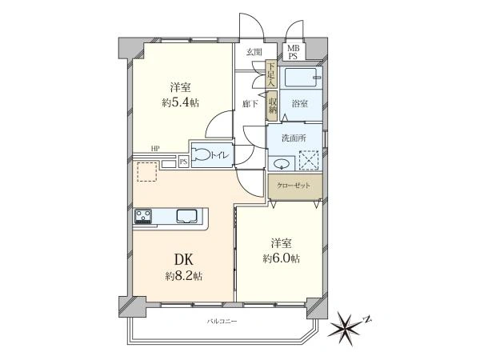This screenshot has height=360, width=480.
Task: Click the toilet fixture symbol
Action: pos(201,154)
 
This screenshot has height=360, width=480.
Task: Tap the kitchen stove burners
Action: pos(143,216)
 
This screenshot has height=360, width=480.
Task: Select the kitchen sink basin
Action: pos(187,215)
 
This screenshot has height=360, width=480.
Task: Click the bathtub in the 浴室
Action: pos(300,78)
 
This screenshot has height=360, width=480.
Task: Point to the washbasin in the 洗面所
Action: pos(282,164)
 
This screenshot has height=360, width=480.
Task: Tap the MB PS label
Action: pos(293,52)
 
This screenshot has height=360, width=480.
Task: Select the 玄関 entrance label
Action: pos(254,52)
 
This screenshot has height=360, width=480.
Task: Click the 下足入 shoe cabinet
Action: pos(271,74)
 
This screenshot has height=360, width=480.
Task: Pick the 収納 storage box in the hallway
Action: pos(272,106)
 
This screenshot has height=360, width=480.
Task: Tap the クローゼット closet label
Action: pos(294,186)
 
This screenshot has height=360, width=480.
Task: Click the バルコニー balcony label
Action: pos(222,322)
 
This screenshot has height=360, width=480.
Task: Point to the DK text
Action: pos(184,259)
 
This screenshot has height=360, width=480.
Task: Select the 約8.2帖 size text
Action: pos(184,277)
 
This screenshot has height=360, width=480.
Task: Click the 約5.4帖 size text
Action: pos(181,102)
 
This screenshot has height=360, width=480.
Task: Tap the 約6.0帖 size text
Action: pos(281,258)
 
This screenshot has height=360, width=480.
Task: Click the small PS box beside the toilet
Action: pos(183,162)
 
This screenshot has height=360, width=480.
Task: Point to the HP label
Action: pos(155,149)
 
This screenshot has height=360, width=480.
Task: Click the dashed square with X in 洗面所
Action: pos(309,160)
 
